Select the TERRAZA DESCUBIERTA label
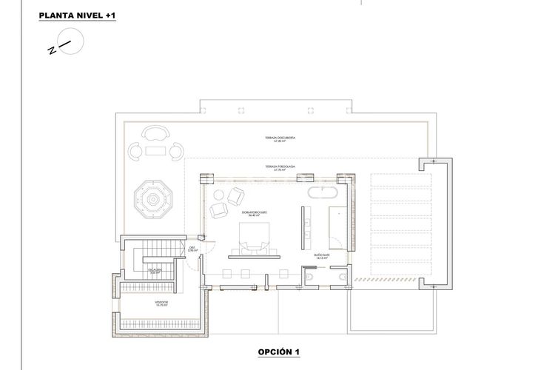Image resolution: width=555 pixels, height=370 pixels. [x=264, y=140]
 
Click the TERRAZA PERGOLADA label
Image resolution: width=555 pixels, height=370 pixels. [x=264, y=168]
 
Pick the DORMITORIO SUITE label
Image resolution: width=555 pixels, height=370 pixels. [x=252, y=214]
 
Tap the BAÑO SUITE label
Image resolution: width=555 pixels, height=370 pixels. [x=322, y=255]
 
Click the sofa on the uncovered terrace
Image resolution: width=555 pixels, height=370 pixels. [x=155, y=134]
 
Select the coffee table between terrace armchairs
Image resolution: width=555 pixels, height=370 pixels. [x=155, y=152]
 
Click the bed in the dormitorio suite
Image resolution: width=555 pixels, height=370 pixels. [x=252, y=236]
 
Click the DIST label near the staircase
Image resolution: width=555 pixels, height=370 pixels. [x=191, y=249]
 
